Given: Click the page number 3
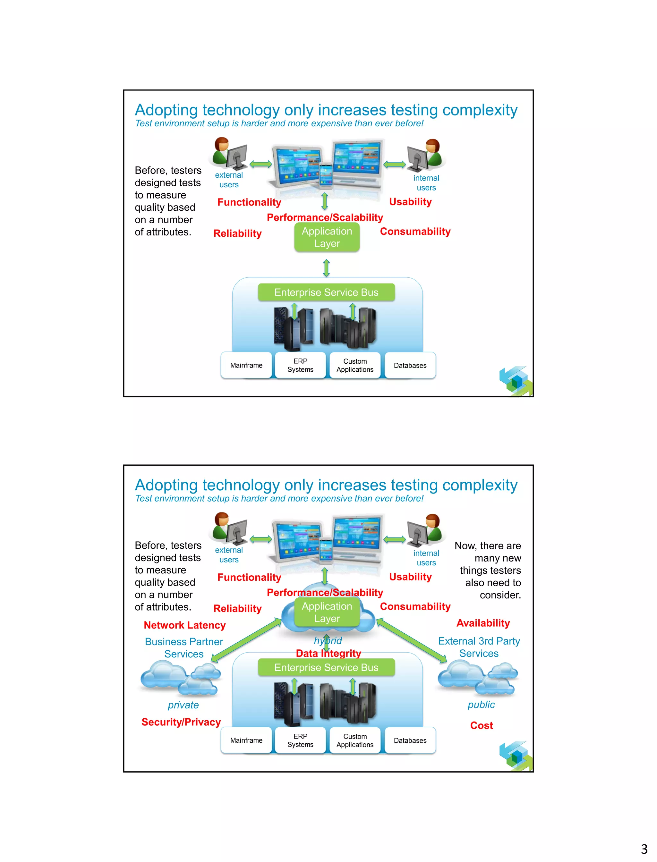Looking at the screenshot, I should [x=644, y=849].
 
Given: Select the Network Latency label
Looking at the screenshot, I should [x=184, y=625].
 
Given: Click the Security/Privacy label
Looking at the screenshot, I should [x=181, y=722].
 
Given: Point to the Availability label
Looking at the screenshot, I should [x=483, y=623].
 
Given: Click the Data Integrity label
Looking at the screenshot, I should [x=328, y=653].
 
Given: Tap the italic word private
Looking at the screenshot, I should [x=183, y=705].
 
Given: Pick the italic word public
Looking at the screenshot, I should [x=481, y=705].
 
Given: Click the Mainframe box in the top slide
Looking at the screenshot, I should [x=246, y=365].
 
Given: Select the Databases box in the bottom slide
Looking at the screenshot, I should [x=410, y=740].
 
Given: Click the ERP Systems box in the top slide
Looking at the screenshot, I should [x=300, y=365].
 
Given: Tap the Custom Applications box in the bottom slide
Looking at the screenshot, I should [x=355, y=740].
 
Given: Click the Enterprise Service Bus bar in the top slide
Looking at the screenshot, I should [x=326, y=292].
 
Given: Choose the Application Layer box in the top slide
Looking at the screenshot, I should [x=327, y=237].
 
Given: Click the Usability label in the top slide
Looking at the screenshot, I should [x=410, y=202].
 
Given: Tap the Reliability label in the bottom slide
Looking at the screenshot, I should [x=237, y=609].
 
